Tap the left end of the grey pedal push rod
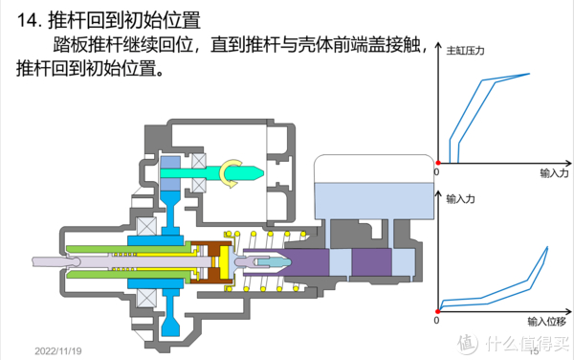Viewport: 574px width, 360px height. pyautogui.click(x=34, y=259)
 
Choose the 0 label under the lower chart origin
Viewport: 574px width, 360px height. pyautogui.click(x=436, y=323)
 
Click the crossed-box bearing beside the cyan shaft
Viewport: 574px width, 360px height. pyautogui.click(x=204, y=159)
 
